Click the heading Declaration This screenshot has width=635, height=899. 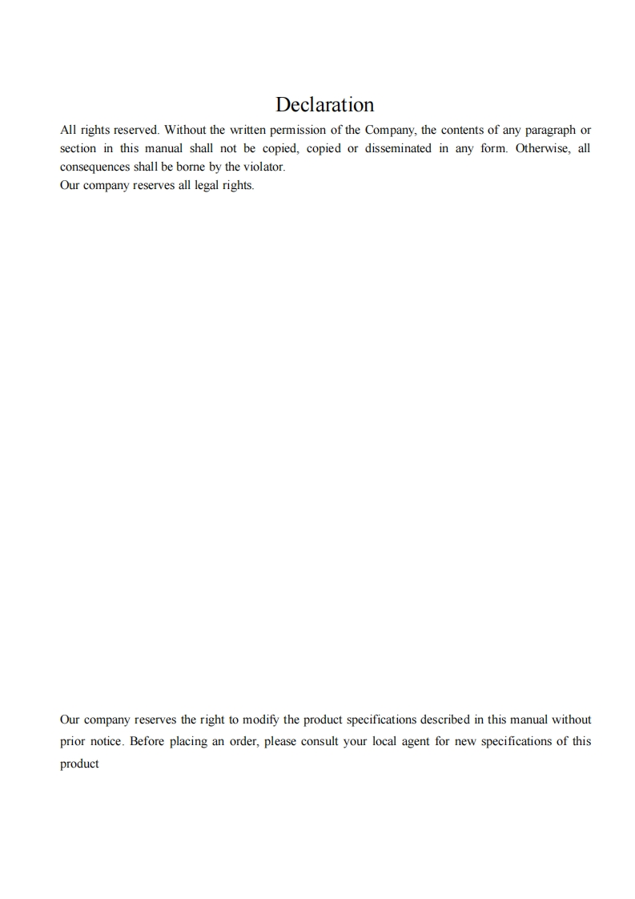(324, 105)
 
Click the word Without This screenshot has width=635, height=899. (185, 130)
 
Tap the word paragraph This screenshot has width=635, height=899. (550, 130)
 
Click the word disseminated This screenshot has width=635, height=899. (398, 149)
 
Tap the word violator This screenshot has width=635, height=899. (263, 167)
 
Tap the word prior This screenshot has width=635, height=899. (72, 742)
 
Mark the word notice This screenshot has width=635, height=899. (105, 742)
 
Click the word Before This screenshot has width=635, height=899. (147, 742)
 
